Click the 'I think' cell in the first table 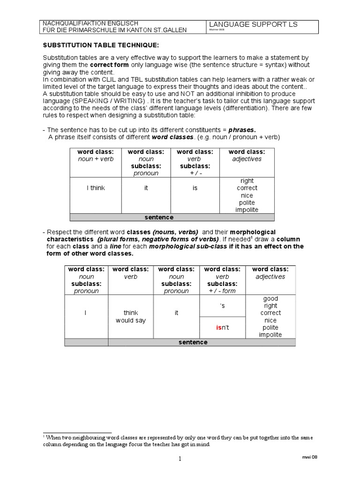click(x=96, y=188)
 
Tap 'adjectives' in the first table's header click(x=247, y=159)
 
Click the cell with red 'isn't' click(x=222, y=328)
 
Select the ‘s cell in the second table click(x=222, y=306)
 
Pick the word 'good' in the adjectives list click(x=270, y=299)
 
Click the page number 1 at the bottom click(x=180, y=459)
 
